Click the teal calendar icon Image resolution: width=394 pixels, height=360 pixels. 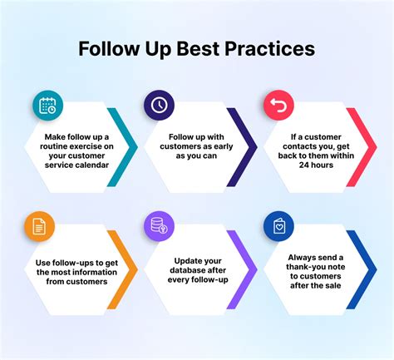(x=46, y=106)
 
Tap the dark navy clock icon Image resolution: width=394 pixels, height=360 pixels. (x=158, y=105)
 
